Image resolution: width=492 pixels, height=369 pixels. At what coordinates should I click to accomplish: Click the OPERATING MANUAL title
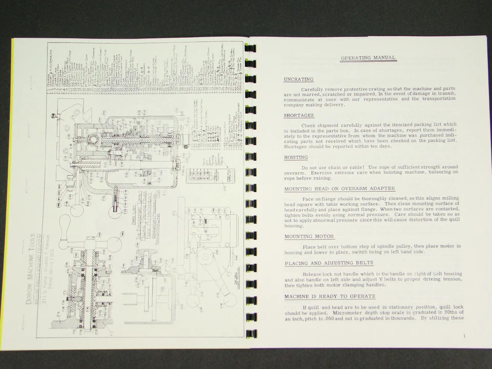[x=368, y=58]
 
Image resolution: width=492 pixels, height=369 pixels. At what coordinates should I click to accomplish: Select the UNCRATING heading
[x=298, y=79]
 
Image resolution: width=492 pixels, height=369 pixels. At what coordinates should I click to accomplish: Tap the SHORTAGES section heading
[x=299, y=116]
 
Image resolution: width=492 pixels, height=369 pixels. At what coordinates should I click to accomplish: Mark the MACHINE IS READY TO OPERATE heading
[x=330, y=296]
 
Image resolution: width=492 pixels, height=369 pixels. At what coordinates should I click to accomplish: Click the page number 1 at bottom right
[x=463, y=336]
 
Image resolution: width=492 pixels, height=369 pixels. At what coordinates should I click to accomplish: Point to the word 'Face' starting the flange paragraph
[x=308, y=198]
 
